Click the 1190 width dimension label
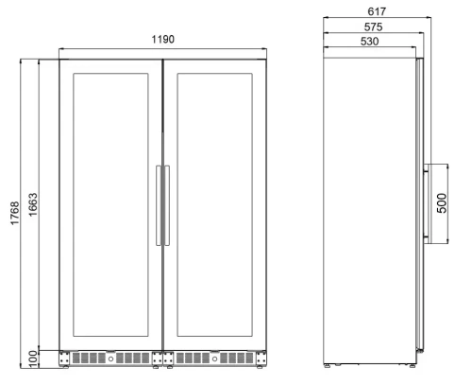coord(162,40)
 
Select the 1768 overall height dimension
coord(15,214)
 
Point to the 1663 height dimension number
coord(33,204)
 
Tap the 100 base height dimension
coord(33,359)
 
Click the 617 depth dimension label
coord(377,11)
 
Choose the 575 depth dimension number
coord(373,27)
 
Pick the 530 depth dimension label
coord(369,42)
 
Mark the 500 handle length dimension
coord(442,203)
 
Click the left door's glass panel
coord(110,205)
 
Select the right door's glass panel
coord(214,205)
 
